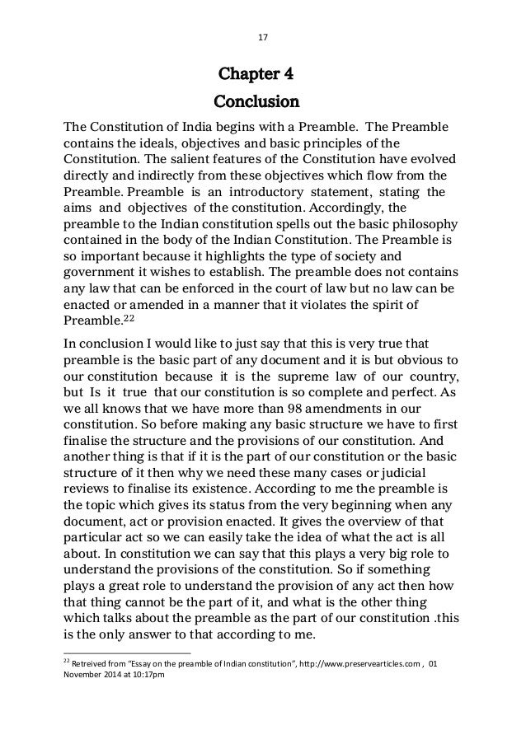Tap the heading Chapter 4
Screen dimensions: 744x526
pyautogui.click(x=256, y=78)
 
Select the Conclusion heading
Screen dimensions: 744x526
pyautogui.click(x=256, y=104)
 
